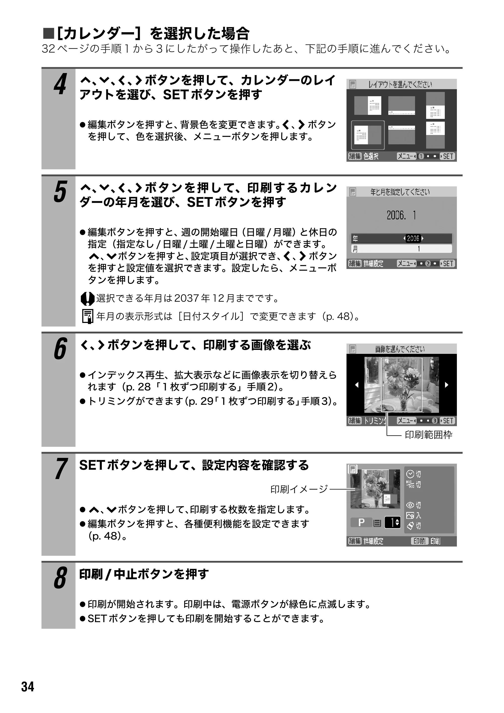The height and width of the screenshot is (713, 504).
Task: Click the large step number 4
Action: click(x=60, y=84)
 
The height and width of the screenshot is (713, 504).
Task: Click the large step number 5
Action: click(x=60, y=192)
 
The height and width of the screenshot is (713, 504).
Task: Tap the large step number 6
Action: click(x=60, y=349)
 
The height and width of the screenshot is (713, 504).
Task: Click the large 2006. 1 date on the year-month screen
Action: click(x=401, y=215)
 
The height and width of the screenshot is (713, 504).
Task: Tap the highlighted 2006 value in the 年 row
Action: click(x=413, y=238)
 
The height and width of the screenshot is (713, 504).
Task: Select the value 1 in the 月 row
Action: click(x=419, y=249)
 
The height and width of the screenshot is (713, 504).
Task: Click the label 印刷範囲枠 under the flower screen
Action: click(x=428, y=435)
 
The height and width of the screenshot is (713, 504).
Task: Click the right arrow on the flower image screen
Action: click(x=447, y=385)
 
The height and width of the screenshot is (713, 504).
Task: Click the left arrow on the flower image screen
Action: click(x=357, y=385)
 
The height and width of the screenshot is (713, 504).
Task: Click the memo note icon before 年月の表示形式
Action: click(x=88, y=316)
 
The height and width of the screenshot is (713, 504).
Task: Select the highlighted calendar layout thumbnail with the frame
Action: click(x=368, y=135)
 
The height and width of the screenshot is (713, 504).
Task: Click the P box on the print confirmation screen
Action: click(x=361, y=523)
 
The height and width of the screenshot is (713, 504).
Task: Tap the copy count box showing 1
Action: click(x=392, y=523)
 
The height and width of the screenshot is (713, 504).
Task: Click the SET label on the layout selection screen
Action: click(x=448, y=156)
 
